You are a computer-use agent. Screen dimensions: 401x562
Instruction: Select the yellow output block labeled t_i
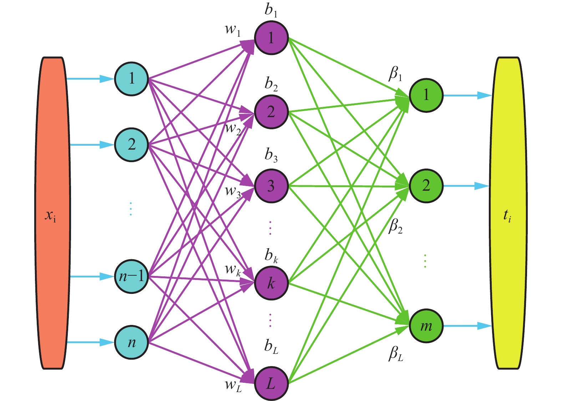(508, 213)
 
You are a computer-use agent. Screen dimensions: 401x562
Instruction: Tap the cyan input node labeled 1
(131, 79)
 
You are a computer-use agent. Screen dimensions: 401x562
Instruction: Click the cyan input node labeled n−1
(131, 276)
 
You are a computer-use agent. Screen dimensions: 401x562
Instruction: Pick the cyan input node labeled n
(131, 342)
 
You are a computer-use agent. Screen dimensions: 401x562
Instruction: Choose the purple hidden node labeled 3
(271, 186)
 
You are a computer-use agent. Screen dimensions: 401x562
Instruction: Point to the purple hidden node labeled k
(271, 284)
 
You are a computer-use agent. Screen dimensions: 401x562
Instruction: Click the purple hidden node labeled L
(271, 384)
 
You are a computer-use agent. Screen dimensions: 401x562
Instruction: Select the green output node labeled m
(426, 326)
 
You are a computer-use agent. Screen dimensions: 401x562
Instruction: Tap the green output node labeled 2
(426, 186)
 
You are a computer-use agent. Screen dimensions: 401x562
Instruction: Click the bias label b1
(271, 11)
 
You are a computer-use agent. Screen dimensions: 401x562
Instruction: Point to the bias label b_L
(271, 346)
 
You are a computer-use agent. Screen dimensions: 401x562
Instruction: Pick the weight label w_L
(233, 385)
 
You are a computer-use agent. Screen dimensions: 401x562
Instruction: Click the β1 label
(395, 74)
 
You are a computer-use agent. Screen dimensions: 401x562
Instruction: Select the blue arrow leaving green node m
(467, 326)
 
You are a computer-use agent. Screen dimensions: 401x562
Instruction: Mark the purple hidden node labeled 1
(271, 37)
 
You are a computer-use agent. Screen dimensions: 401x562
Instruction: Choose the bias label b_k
(271, 256)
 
